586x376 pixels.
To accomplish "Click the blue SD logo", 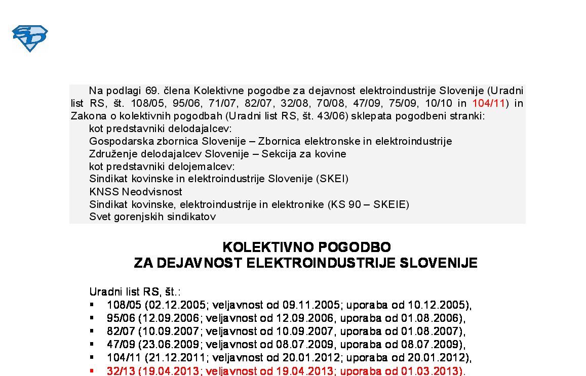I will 30,38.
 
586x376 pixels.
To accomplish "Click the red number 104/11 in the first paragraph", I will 488,103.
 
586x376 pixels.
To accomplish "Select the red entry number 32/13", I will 121,371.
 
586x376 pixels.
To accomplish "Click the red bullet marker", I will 92,371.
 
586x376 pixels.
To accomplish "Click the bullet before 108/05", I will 92,305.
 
